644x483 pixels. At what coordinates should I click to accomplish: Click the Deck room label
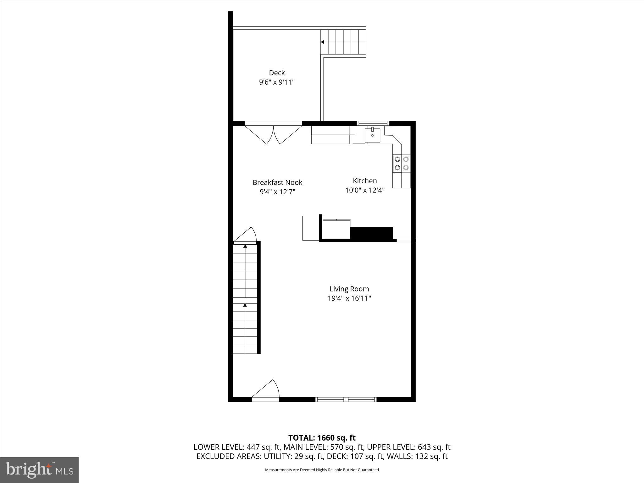277,73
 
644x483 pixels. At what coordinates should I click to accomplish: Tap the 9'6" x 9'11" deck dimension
277,82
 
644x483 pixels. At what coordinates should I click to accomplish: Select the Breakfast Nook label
277,182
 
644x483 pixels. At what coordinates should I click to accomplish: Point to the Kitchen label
365,181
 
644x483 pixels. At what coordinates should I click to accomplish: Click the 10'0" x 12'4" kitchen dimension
365,190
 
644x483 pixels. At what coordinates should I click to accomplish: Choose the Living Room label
349,289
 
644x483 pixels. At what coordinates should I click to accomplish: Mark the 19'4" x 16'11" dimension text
349,298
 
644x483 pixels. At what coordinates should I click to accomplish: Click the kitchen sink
372,135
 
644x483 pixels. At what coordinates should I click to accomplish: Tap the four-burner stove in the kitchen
402,164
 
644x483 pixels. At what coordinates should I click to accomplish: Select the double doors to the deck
273,134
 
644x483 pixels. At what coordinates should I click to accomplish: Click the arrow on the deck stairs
323,42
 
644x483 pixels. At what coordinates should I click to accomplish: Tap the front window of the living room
346,399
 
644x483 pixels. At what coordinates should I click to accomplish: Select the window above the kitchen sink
373,123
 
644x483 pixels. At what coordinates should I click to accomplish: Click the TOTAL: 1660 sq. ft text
322,438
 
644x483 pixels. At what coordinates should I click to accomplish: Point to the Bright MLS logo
39,470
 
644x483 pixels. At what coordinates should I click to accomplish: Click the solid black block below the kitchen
371,233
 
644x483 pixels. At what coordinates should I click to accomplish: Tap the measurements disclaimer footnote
322,470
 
